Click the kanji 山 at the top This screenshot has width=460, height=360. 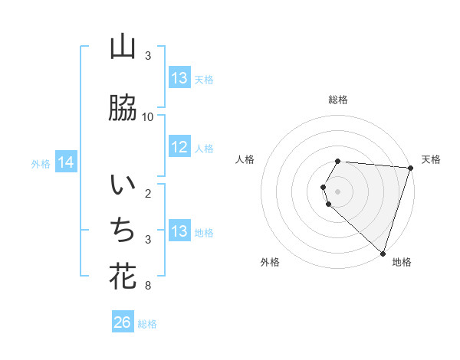click(123, 47)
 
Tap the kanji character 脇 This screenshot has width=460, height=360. click(123, 108)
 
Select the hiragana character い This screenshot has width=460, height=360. click(123, 186)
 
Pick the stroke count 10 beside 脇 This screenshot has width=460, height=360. click(148, 117)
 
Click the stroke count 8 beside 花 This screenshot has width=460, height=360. click(148, 286)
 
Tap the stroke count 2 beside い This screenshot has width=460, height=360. click(148, 193)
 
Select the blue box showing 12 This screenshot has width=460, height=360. click(179, 147)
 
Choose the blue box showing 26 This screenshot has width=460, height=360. click(123, 322)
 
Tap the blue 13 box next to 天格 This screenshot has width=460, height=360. click(179, 78)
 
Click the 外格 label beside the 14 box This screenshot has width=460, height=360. click(41, 163)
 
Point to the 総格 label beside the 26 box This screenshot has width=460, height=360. click(147, 324)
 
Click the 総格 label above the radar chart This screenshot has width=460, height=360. click(338, 100)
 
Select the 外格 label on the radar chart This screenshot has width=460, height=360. click(270, 263)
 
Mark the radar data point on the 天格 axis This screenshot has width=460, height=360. click(411, 168)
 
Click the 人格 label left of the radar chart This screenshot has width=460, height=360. click(245, 159)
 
